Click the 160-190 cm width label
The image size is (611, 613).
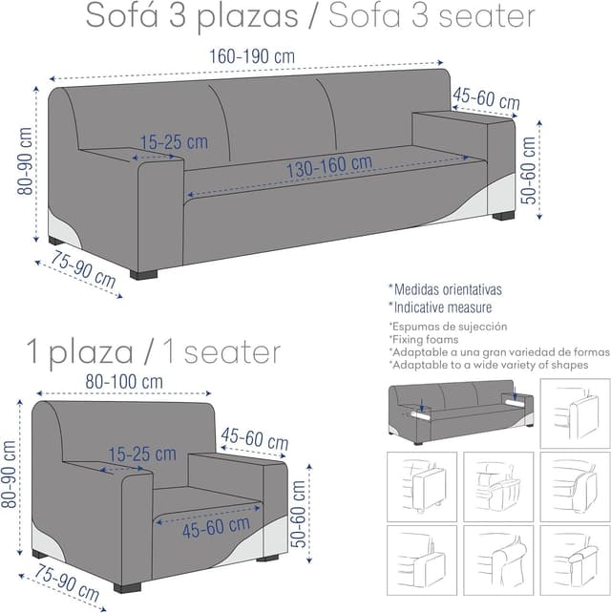click(x=252, y=56)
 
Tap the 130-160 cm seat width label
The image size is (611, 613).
click(x=329, y=167)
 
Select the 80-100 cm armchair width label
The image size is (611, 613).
click(x=124, y=382)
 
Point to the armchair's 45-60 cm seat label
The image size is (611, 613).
click(x=216, y=528)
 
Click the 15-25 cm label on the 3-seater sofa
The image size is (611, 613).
click(x=174, y=142)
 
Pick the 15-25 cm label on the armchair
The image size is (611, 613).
click(x=142, y=454)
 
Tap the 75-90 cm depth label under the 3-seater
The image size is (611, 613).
click(x=83, y=269)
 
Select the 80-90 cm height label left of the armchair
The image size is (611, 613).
click(x=9, y=475)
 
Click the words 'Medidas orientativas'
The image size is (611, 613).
click(x=448, y=289)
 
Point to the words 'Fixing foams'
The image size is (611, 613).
click(x=426, y=339)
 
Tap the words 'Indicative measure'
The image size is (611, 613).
click(x=443, y=307)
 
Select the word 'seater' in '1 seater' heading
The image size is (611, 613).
click(x=232, y=352)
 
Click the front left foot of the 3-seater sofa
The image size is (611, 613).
click(x=143, y=274)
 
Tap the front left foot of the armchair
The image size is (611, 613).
click(x=127, y=587)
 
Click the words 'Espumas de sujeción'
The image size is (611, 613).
click(x=450, y=327)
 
